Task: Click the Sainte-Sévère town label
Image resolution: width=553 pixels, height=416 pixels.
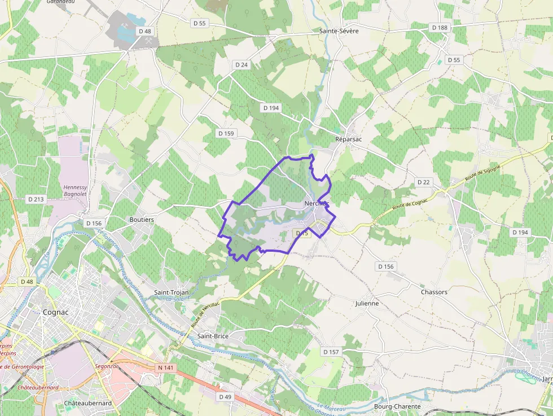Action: (339, 31)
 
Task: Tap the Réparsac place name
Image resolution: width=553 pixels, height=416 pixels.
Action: (348, 139)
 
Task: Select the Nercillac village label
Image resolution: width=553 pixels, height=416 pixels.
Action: (316, 203)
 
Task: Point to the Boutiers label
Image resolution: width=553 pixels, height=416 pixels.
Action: (142, 220)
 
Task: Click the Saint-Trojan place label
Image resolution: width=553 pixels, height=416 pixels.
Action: (172, 292)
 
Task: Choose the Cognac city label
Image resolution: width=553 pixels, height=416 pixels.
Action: (56, 312)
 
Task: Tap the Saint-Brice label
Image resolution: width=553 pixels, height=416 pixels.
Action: (213, 336)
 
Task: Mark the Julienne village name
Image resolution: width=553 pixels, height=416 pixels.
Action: (367, 303)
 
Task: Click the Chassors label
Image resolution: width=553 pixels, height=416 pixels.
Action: (434, 292)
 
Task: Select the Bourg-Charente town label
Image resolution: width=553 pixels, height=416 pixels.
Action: (397, 406)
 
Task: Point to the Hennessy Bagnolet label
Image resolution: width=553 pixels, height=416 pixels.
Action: (75, 191)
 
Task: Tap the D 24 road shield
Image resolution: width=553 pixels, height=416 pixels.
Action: (241, 65)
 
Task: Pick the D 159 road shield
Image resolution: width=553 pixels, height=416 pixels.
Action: (226, 133)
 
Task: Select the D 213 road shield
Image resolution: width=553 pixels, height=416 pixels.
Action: (36, 199)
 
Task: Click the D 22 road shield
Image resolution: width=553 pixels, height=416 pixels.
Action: (423, 182)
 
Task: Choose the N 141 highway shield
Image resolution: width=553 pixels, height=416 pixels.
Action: (165, 367)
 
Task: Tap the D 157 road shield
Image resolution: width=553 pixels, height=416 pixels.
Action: (331, 352)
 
